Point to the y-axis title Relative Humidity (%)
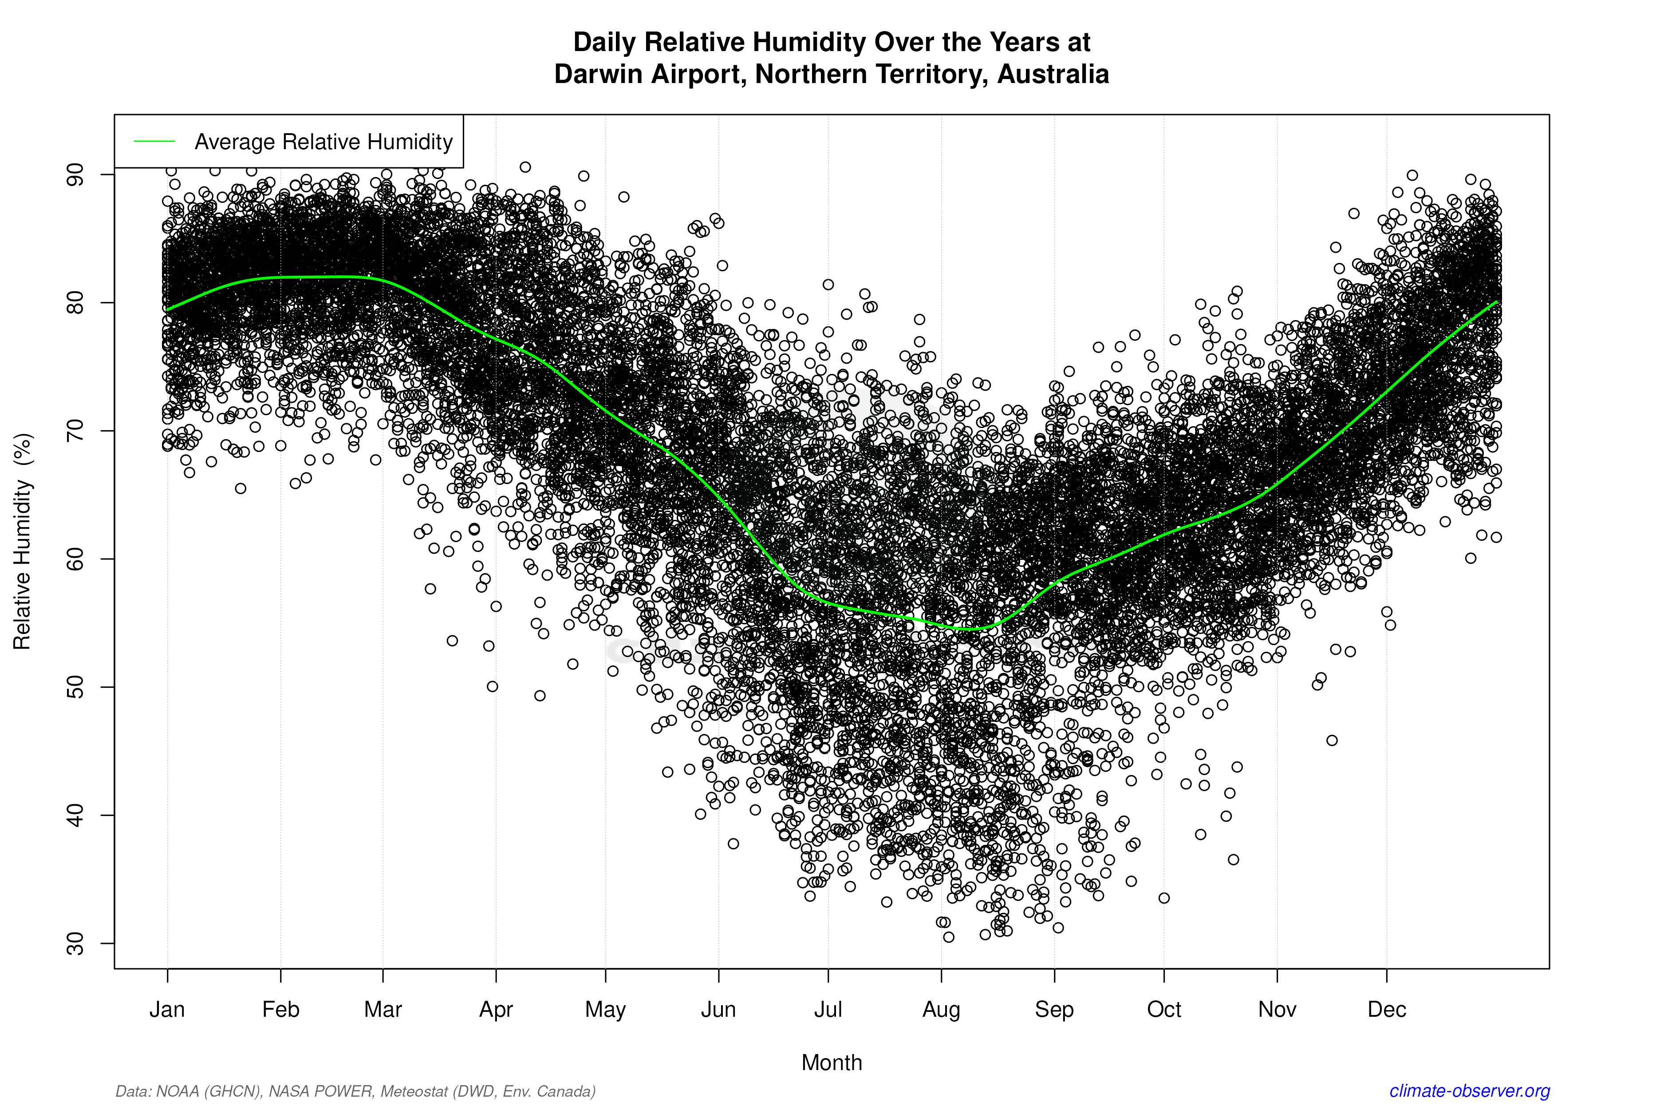23,542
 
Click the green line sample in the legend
154,142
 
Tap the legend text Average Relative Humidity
323,142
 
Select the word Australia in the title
1053,74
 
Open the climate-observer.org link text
1470,1091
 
